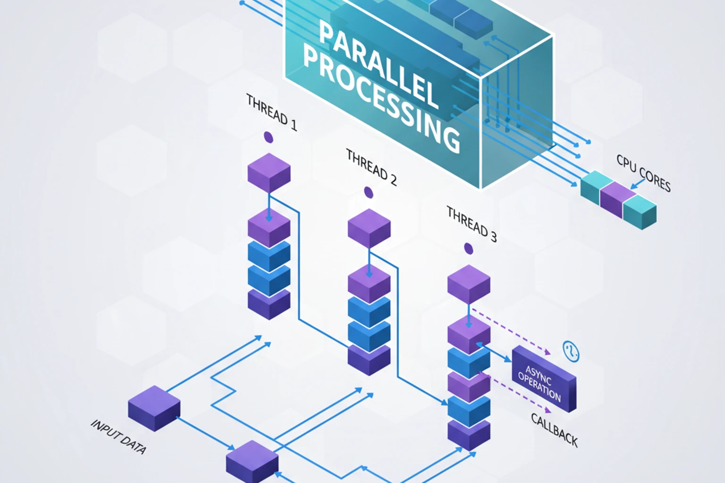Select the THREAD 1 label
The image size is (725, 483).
[x=272, y=112]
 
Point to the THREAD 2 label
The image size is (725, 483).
[x=371, y=167]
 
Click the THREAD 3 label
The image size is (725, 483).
[x=472, y=224]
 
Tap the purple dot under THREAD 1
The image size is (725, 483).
[x=269, y=137]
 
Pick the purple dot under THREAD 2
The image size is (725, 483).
[x=369, y=192]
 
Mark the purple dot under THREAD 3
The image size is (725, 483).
[x=469, y=249]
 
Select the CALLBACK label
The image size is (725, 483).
[x=554, y=429]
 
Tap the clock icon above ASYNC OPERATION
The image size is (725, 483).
[x=571, y=351]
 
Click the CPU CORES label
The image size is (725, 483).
[x=643, y=173]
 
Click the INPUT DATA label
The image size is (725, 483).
[x=118, y=437]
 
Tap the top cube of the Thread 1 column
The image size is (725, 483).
[x=269, y=172]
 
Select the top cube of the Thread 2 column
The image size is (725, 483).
[x=369, y=227]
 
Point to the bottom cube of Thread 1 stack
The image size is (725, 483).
[x=269, y=304]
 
